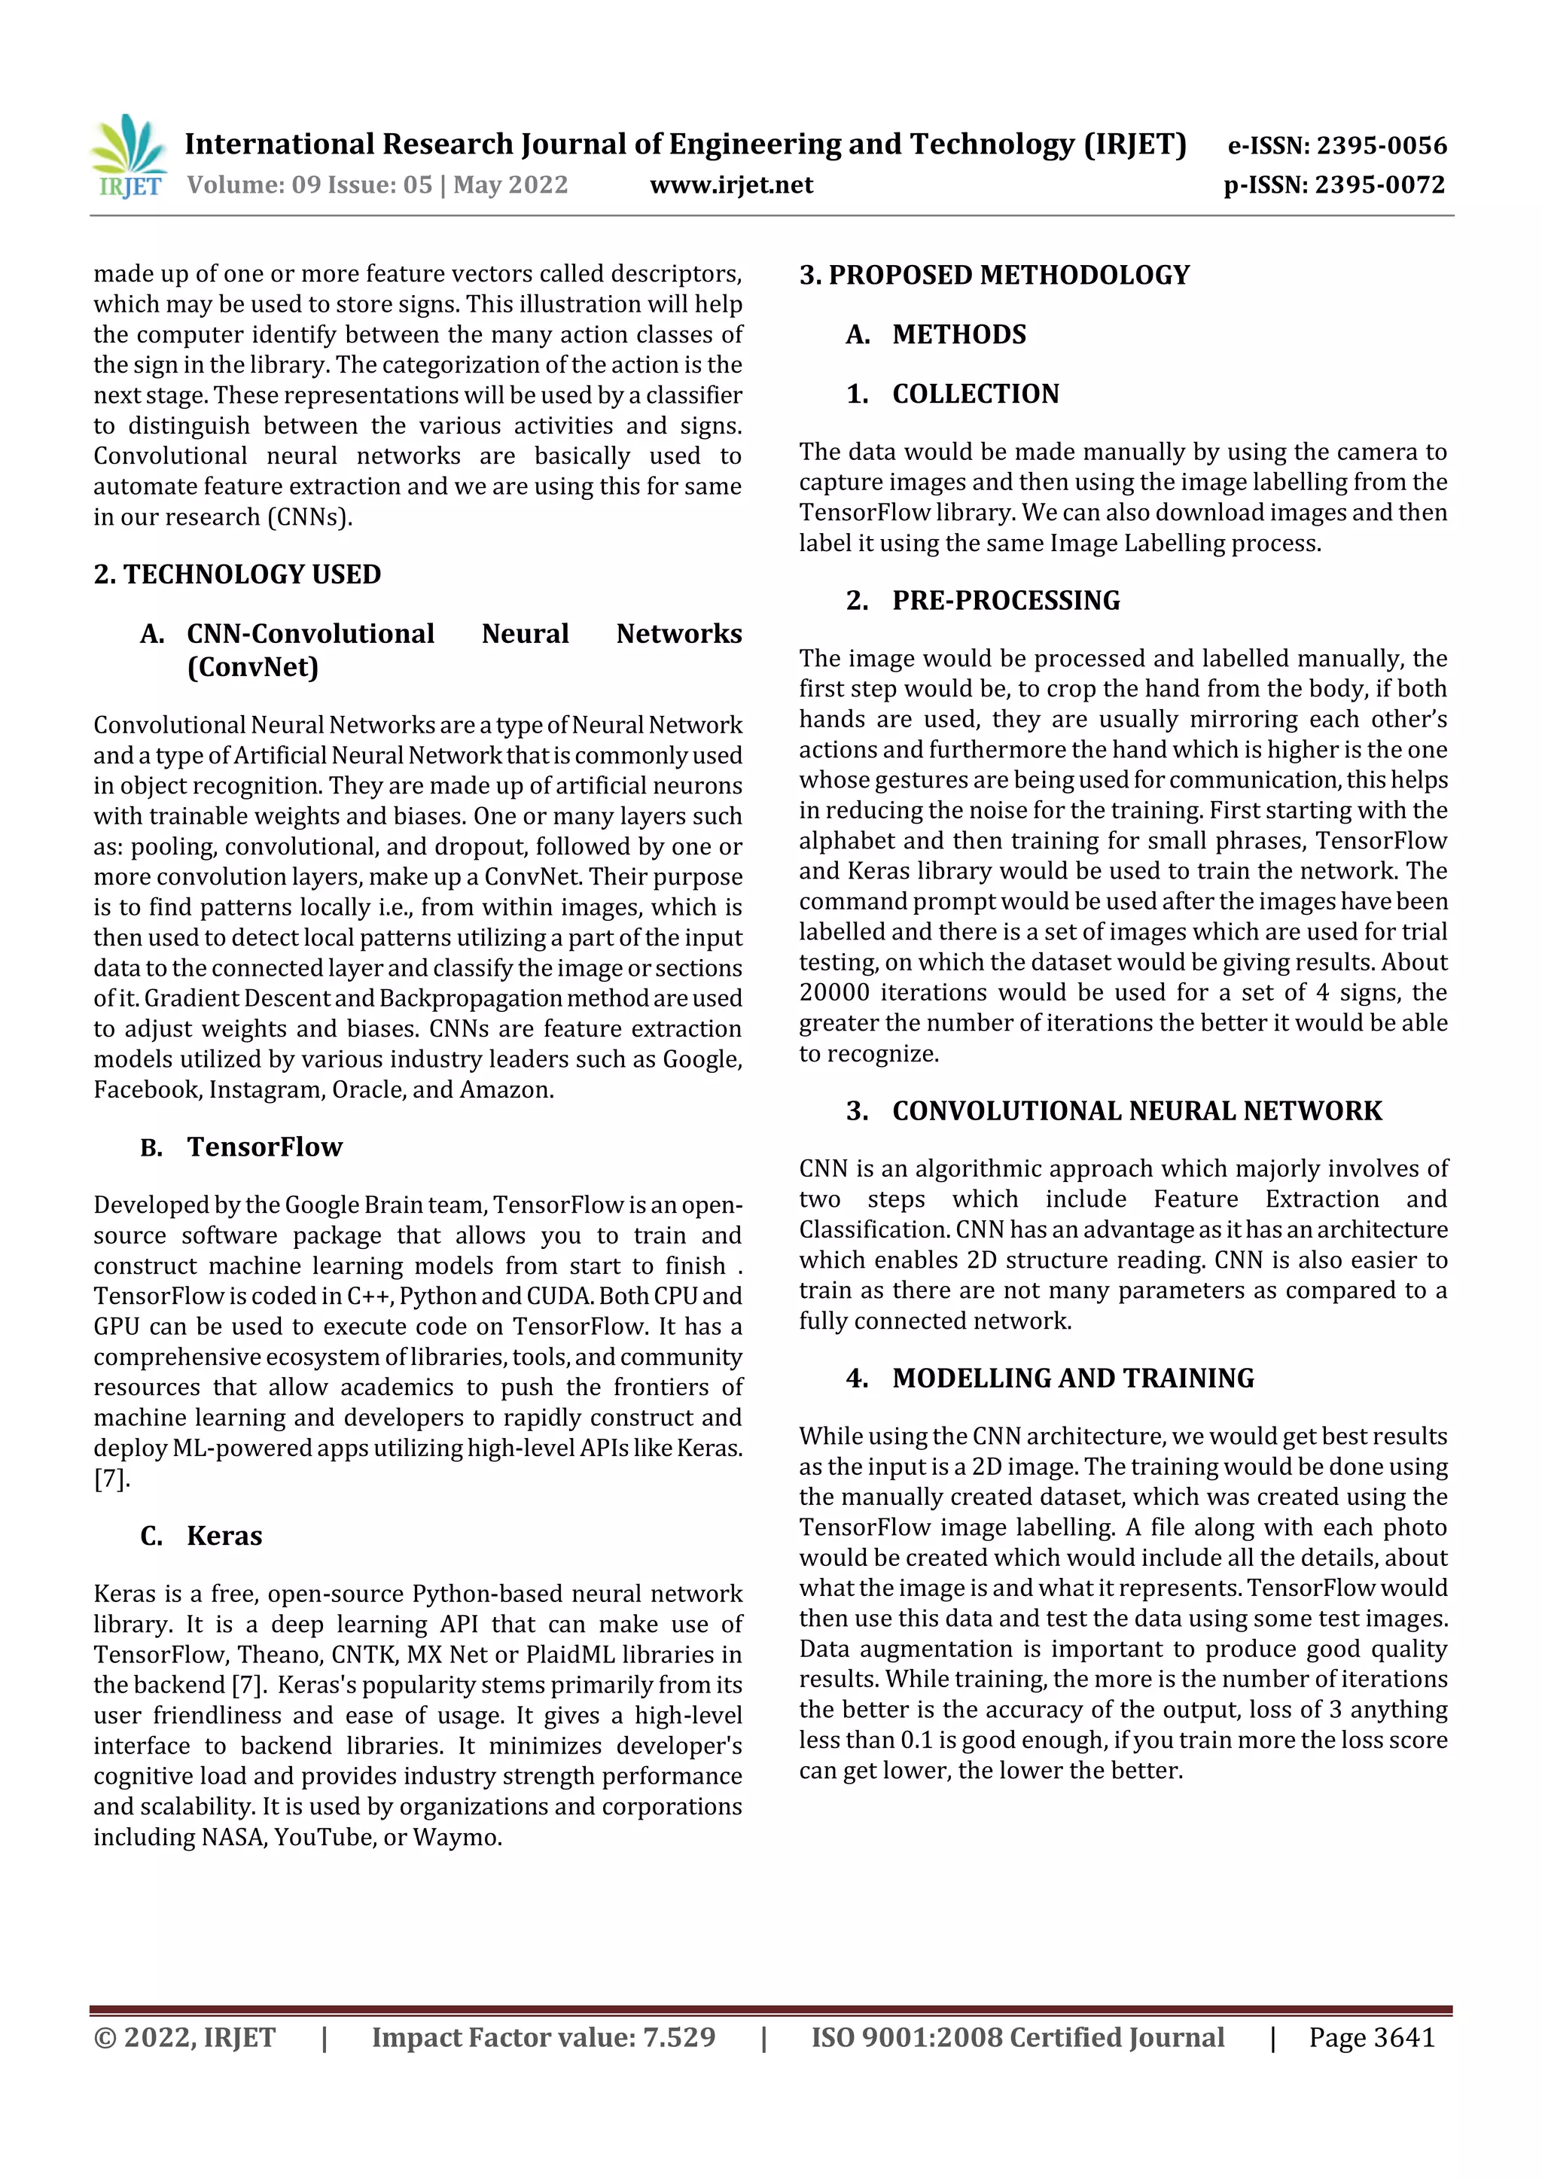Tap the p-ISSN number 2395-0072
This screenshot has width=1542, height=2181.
(x=1379, y=184)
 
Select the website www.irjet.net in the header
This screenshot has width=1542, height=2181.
(x=730, y=184)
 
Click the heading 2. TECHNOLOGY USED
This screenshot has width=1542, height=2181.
(x=236, y=574)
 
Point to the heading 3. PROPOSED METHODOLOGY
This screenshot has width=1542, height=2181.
(x=994, y=276)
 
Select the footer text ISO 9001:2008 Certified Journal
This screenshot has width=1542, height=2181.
(x=1016, y=2036)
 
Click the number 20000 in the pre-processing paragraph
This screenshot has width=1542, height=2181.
(x=833, y=993)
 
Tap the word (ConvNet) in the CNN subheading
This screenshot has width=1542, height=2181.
(x=253, y=667)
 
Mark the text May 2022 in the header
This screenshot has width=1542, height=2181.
(x=510, y=184)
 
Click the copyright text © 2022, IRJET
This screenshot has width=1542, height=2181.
(x=184, y=2036)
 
